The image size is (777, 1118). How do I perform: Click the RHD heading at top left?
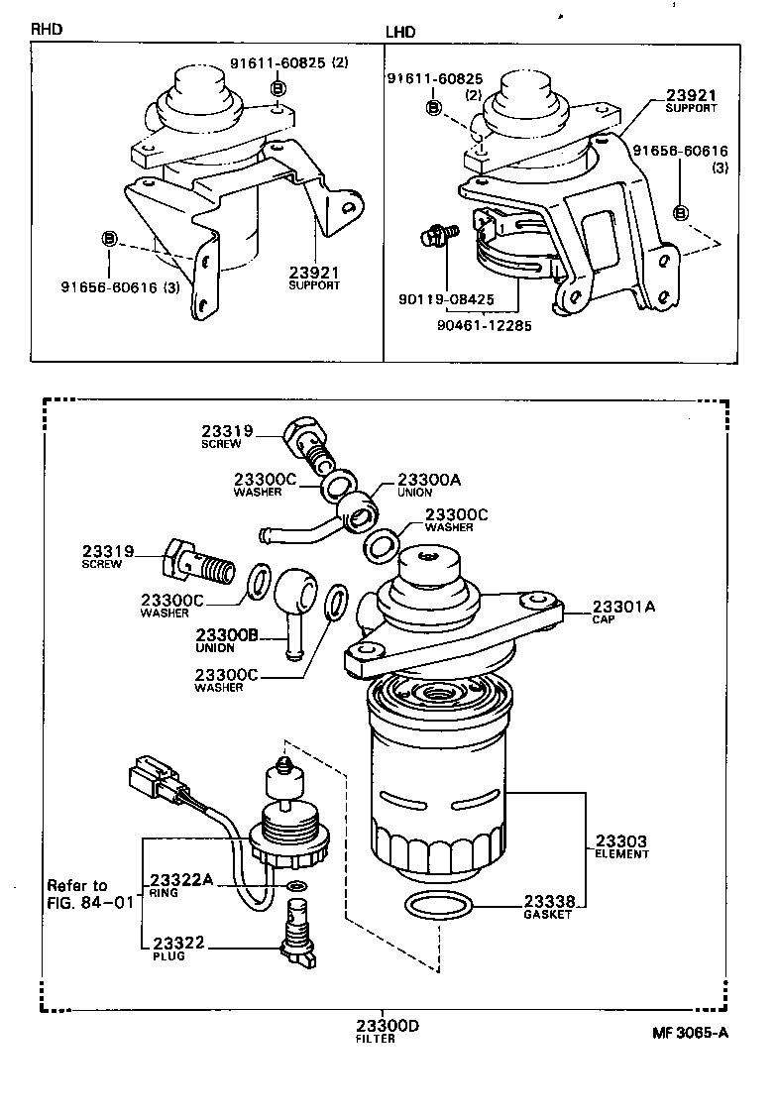pos(47,29)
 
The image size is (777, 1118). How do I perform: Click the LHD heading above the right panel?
pos(400,32)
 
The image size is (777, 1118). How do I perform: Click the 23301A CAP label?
pos(623,612)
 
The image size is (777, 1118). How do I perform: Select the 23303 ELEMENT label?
pos(621,846)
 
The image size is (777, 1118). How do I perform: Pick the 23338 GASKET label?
pos(549,906)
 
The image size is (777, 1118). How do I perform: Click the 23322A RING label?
pos(180,885)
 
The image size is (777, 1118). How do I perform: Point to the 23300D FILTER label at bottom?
pos(388,1031)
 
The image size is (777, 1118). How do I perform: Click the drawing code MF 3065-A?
pos(690,1032)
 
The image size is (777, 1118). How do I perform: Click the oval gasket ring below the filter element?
pos(440,905)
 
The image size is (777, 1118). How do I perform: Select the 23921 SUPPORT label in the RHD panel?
pos(314,277)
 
